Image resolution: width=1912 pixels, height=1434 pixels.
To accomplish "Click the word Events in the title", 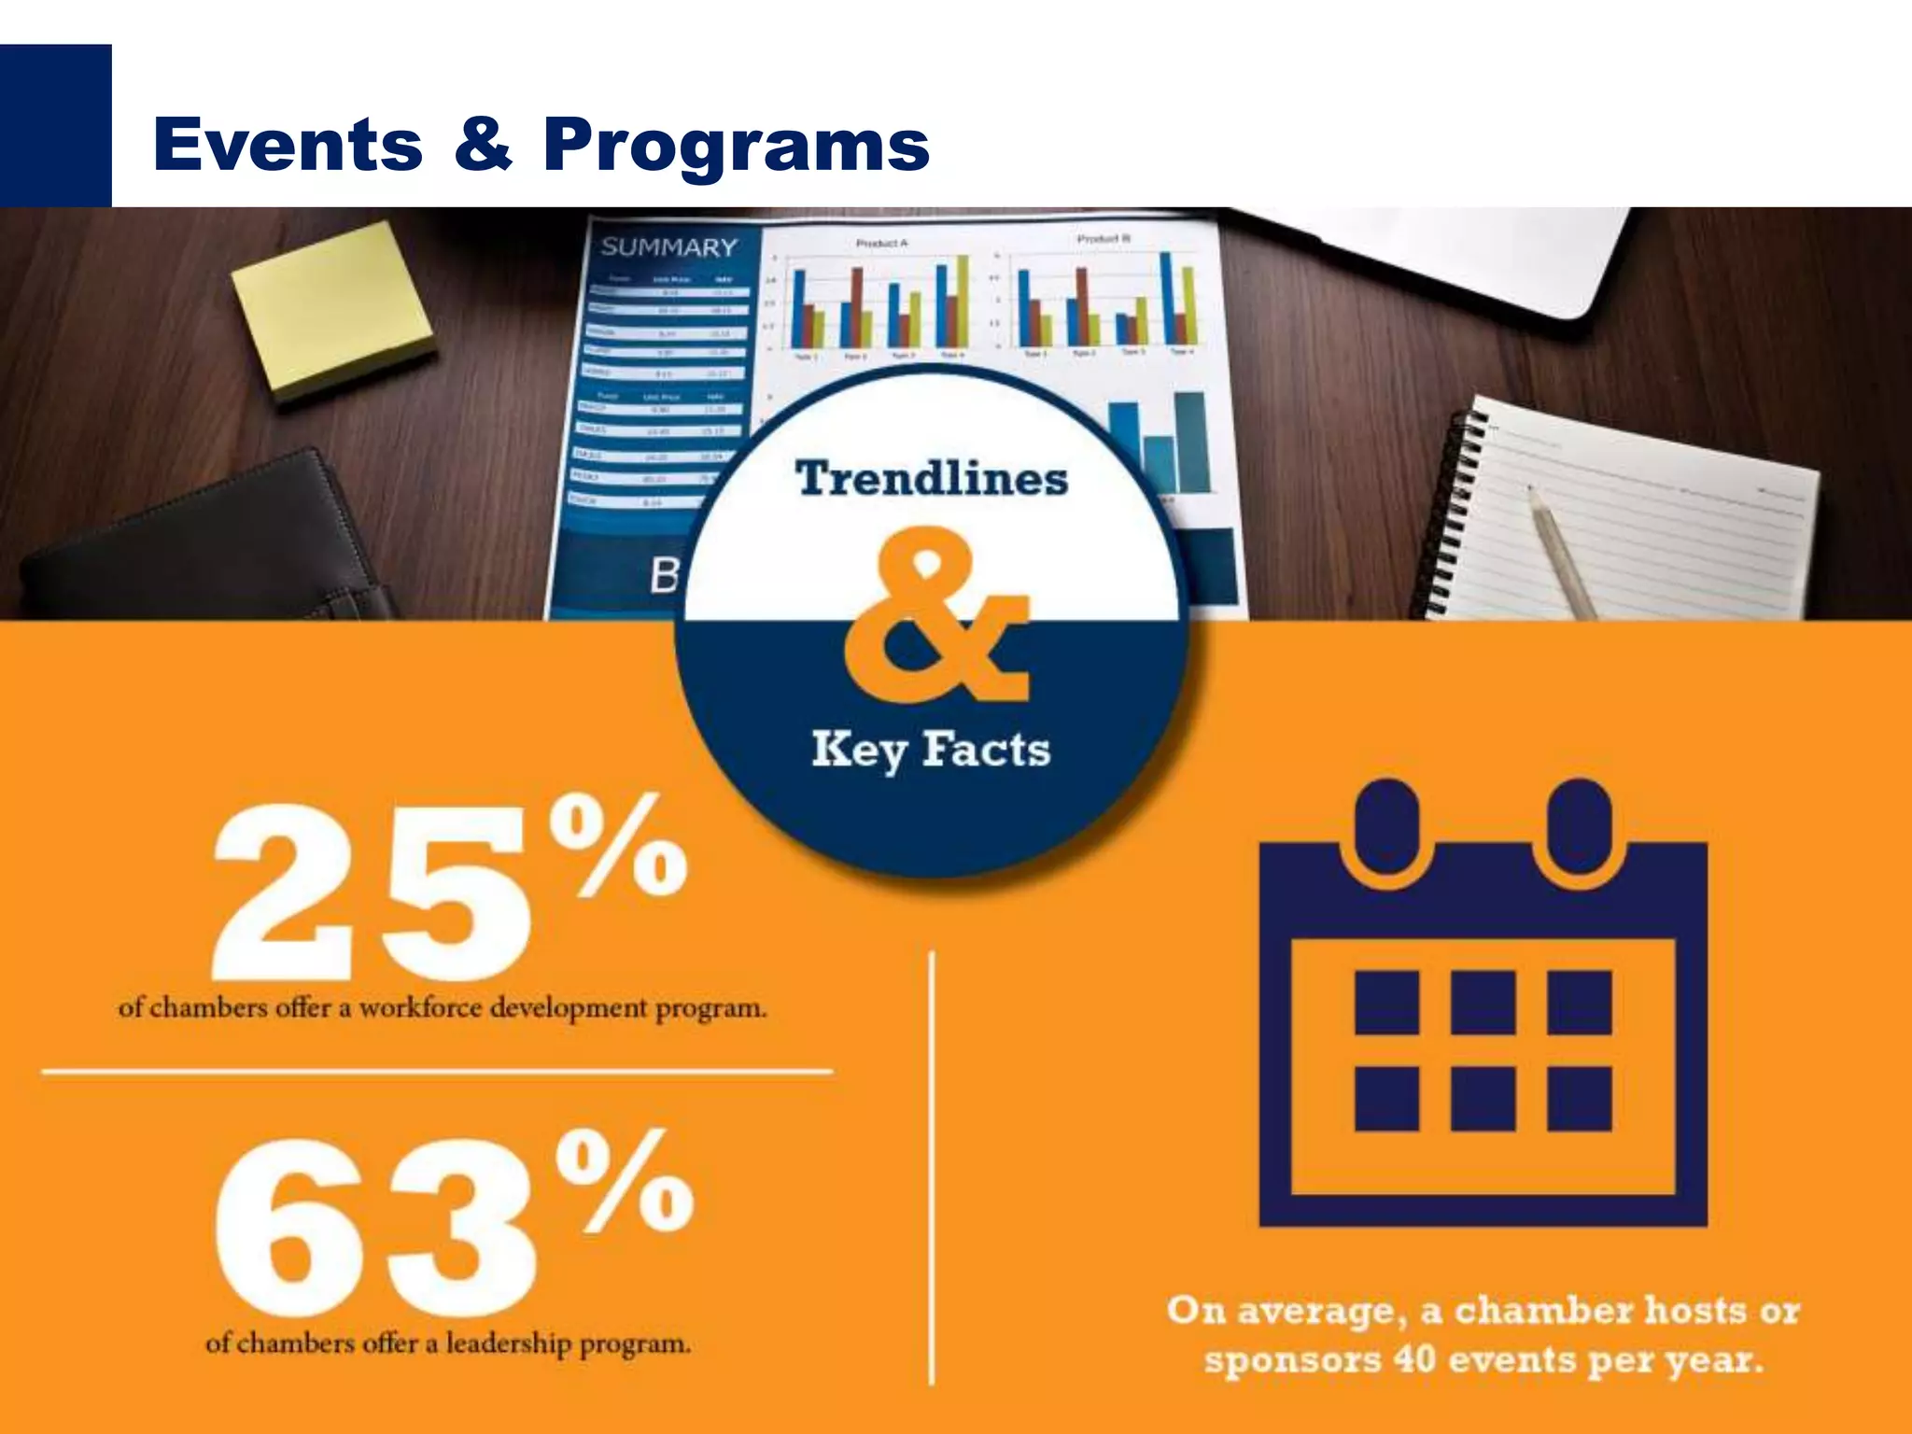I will (x=288, y=145).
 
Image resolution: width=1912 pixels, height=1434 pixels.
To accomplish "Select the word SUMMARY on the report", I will (x=668, y=247).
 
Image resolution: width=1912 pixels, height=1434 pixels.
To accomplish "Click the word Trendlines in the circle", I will (x=931, y=479).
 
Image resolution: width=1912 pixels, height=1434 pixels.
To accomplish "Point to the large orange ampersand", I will (x=934, y=616).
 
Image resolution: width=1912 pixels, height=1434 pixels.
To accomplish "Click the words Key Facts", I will (x=931, y=750).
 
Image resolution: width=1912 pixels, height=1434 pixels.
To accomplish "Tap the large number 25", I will (x=373, y=892).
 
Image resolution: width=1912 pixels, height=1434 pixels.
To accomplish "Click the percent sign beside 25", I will (x=618, y=845).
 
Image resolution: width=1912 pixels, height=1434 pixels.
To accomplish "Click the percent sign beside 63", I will (x=624, y=1181).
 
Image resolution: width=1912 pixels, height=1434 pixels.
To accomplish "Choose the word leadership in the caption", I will (x=508, y=1343).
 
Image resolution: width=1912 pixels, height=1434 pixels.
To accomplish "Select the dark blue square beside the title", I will (x=55, y=125).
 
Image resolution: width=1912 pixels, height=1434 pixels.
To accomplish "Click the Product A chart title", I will (x=881, y=243).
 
